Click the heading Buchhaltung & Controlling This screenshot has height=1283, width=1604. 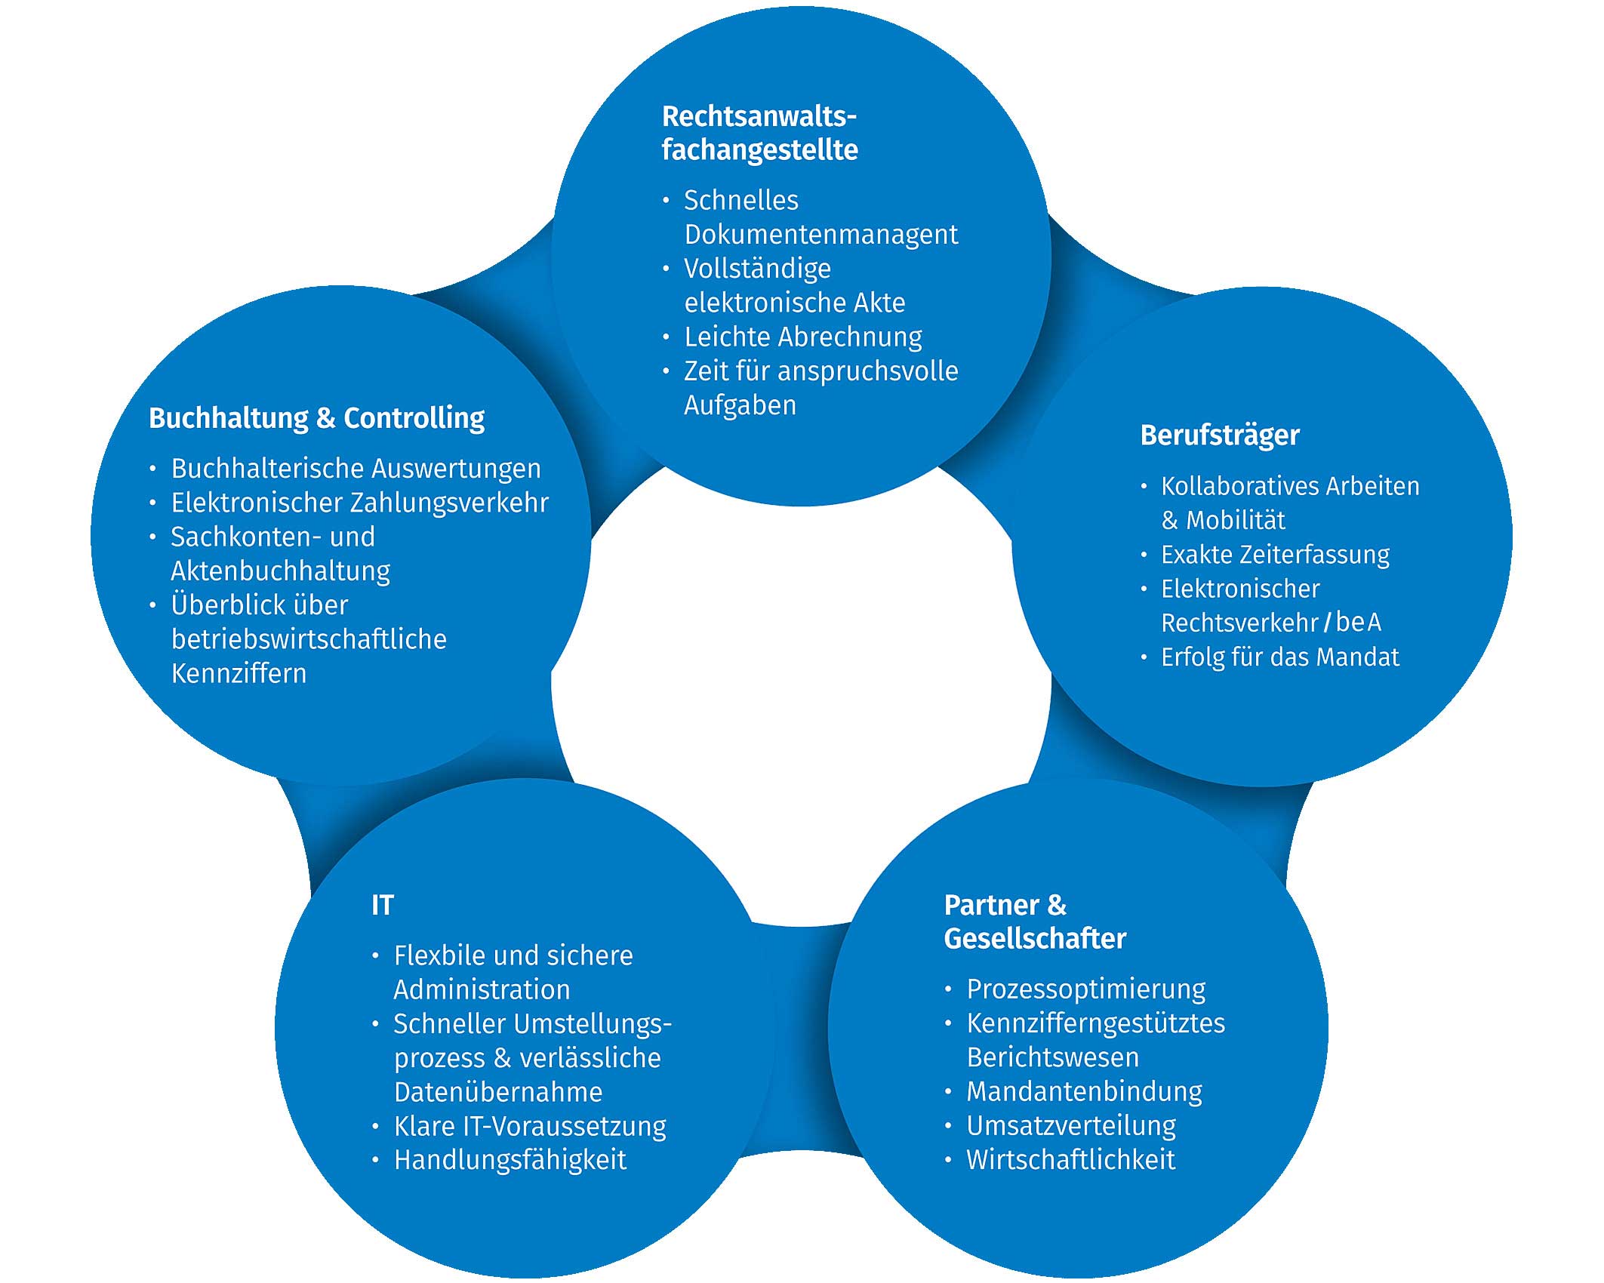click(316, 418)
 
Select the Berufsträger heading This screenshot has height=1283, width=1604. click(1220, 435)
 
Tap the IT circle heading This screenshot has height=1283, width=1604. click(383, 905)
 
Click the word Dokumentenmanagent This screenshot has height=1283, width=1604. click(820, 235)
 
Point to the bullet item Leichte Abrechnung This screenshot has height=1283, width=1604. click(802, 337)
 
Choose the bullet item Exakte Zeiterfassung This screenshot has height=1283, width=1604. click(1275, 555)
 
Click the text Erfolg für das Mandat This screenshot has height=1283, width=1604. click(1279, 657)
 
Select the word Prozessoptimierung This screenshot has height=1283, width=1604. click(1085, 989)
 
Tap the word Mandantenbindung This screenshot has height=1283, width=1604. click(1084, 1091)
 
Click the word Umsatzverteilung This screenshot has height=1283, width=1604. click(1071, 1125)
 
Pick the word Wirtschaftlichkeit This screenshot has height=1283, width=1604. click(1070, 1160)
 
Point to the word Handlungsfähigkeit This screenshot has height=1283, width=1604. click(510, 1160)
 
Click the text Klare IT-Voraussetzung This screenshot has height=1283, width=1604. click(529, 1126)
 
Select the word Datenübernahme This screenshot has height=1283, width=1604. click(498, 1092)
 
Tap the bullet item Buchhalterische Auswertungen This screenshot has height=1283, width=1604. click(356, 469)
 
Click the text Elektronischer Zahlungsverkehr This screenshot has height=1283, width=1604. click(359, 503)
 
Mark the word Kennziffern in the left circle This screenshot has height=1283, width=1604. click(239, 673)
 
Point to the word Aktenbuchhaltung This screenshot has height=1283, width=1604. click(280, 571)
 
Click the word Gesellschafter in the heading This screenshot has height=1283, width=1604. click(1035, 939)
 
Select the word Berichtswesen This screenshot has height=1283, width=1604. click(1052, 1057)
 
